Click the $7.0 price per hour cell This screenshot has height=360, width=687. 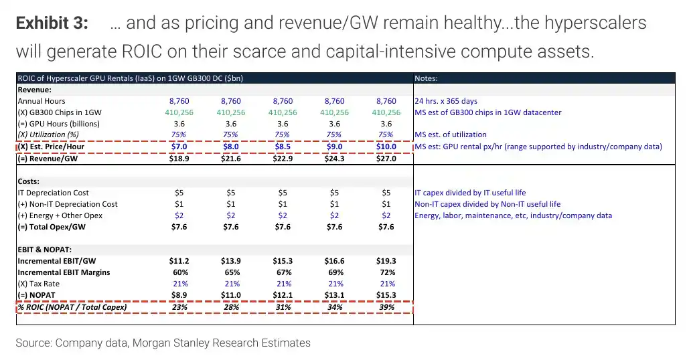[x=179, y=147]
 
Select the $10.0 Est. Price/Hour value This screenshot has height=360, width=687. [x=386, y=147]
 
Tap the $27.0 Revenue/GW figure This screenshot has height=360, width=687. [x=386, y=159]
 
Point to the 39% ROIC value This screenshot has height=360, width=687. [x=387, y=307]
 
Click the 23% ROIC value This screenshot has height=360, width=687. [x=180, y=307]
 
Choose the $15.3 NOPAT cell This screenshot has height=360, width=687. [x=386, y=295]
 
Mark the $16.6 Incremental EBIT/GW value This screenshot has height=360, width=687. [x=334, y=261]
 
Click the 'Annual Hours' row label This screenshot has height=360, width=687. [x=42, y=101]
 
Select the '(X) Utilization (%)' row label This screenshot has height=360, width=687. [x=48, y=135]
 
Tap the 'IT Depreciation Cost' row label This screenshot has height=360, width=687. [x=53, y=193]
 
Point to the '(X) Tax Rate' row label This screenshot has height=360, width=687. [x=39, y=284]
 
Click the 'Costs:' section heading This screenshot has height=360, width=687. [x=29, y=181]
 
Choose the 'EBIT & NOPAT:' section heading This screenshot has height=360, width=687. [x=45, y=250]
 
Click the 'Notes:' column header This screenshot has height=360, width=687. [x=426, y=78]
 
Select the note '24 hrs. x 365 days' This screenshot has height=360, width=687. [x=446, y=101]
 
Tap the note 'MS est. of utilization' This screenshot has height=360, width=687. [x=451, y=135]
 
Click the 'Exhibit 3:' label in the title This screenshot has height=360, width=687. [x=52, y=23]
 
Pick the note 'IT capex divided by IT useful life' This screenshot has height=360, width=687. [x=470, y=193]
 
